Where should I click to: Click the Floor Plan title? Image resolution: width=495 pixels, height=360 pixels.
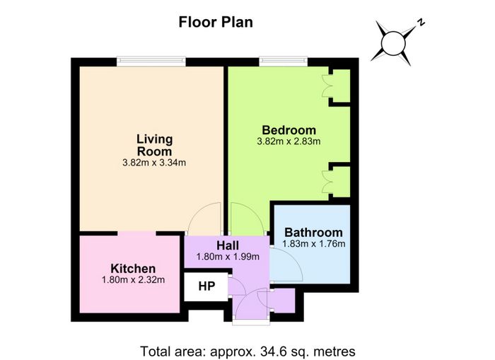pos(216,23)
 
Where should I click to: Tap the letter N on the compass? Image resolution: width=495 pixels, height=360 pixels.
pos(421,22)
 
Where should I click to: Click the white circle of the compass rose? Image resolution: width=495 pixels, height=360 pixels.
pos(393,43)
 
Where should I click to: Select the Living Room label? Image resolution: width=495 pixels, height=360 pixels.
pos(154,145)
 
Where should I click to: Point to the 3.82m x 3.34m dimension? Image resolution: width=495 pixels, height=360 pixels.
pos(154,163)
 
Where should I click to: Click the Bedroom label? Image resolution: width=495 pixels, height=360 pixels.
pos(289,130)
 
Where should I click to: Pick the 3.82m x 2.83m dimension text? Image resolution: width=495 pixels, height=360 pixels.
pos(289,141)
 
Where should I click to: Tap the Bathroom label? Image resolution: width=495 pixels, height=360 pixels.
pos(313,233)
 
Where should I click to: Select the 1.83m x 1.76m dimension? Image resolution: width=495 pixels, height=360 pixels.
pos(313,244)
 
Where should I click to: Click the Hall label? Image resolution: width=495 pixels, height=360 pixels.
pos(228,245)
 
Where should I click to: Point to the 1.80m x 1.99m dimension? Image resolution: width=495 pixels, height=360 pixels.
pos(228,257)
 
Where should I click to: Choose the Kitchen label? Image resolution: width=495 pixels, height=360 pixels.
pos(133,269)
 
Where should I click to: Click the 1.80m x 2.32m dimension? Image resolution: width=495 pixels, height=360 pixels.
pos(133,280)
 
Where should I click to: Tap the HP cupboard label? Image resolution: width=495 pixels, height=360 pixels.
pos(206,286)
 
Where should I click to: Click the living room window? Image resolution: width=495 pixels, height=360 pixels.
pos(151,62)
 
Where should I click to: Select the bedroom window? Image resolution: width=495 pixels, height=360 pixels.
pos(283,62)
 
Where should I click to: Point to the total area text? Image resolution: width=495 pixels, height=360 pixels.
pos(248,351)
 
